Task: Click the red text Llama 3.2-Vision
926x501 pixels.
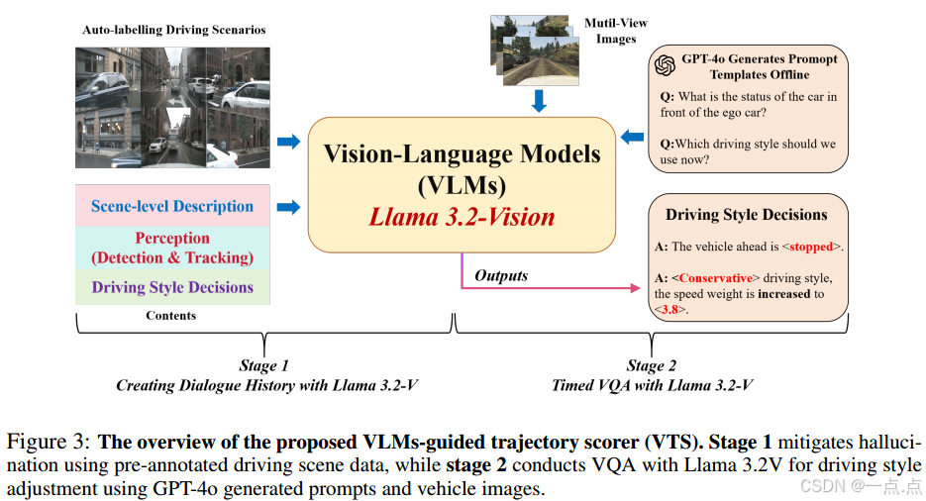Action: point(462,217)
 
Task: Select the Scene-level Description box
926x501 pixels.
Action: point(172,206)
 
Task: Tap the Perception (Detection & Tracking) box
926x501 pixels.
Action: point(172,248)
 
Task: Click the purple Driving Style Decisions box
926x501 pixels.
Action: point(172,287)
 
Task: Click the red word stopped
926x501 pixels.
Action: point(812,247)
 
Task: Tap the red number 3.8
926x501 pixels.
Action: point(669,309)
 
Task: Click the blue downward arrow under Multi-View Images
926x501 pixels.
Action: point(540,100)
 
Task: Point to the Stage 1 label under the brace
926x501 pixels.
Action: point(264,366)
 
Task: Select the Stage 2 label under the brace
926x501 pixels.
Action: point(652,366)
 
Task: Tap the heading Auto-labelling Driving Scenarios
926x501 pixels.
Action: point(174,30)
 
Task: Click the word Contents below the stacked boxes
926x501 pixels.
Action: point(171,315)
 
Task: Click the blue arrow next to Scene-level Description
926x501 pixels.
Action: point(288,207)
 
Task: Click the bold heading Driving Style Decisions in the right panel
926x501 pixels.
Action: point(746,214)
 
